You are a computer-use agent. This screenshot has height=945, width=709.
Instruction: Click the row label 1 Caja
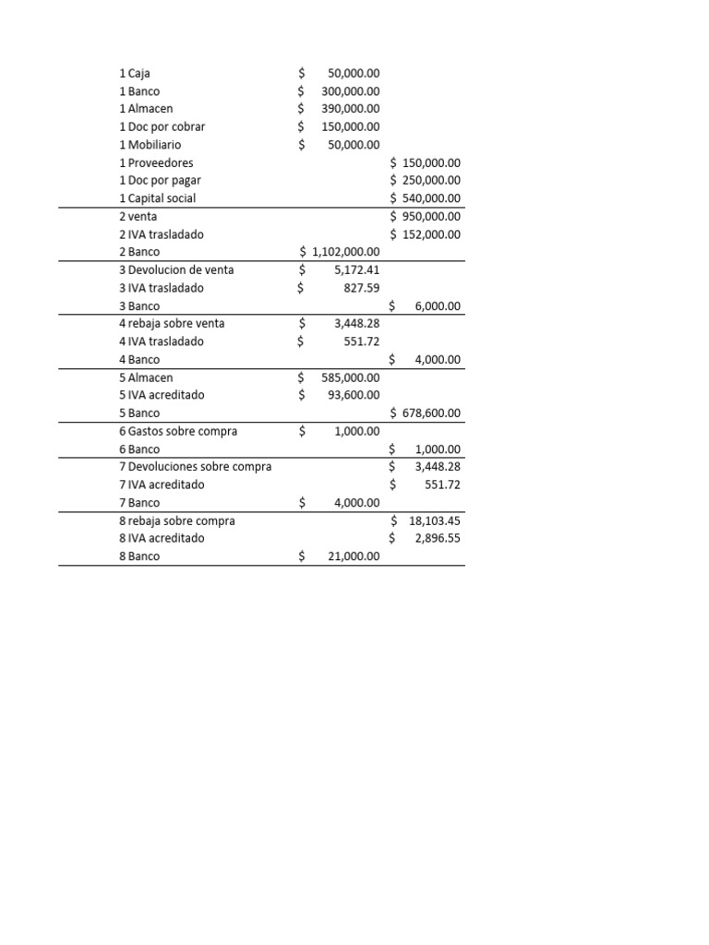[135, 73]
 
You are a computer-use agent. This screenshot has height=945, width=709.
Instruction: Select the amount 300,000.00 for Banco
[350, 91]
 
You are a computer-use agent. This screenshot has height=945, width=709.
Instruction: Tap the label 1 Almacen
[146, 109]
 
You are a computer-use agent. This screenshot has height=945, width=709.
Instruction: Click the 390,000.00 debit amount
[350, 109]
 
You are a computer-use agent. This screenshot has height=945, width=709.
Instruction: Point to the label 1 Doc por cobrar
[162, 126]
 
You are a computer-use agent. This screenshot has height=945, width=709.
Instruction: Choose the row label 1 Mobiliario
[150, 145]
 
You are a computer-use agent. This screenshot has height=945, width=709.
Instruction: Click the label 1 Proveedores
[157, 162]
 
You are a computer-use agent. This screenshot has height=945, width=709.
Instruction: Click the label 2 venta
[138, 216]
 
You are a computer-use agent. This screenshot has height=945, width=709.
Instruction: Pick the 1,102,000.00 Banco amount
[346, 252]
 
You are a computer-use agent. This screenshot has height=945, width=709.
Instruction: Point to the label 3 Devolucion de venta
[176, 269]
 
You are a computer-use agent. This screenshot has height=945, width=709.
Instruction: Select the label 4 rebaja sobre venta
[172, 323]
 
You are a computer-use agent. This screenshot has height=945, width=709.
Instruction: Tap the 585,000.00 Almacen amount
[350, 377]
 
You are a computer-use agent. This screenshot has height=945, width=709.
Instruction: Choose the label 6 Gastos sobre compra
[178, 431]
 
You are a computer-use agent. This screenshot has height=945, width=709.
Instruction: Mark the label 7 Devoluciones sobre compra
[196, 467]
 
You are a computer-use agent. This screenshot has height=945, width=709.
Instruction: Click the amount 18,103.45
[435, 520]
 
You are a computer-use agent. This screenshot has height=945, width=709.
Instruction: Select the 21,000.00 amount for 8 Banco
[354, 556]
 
